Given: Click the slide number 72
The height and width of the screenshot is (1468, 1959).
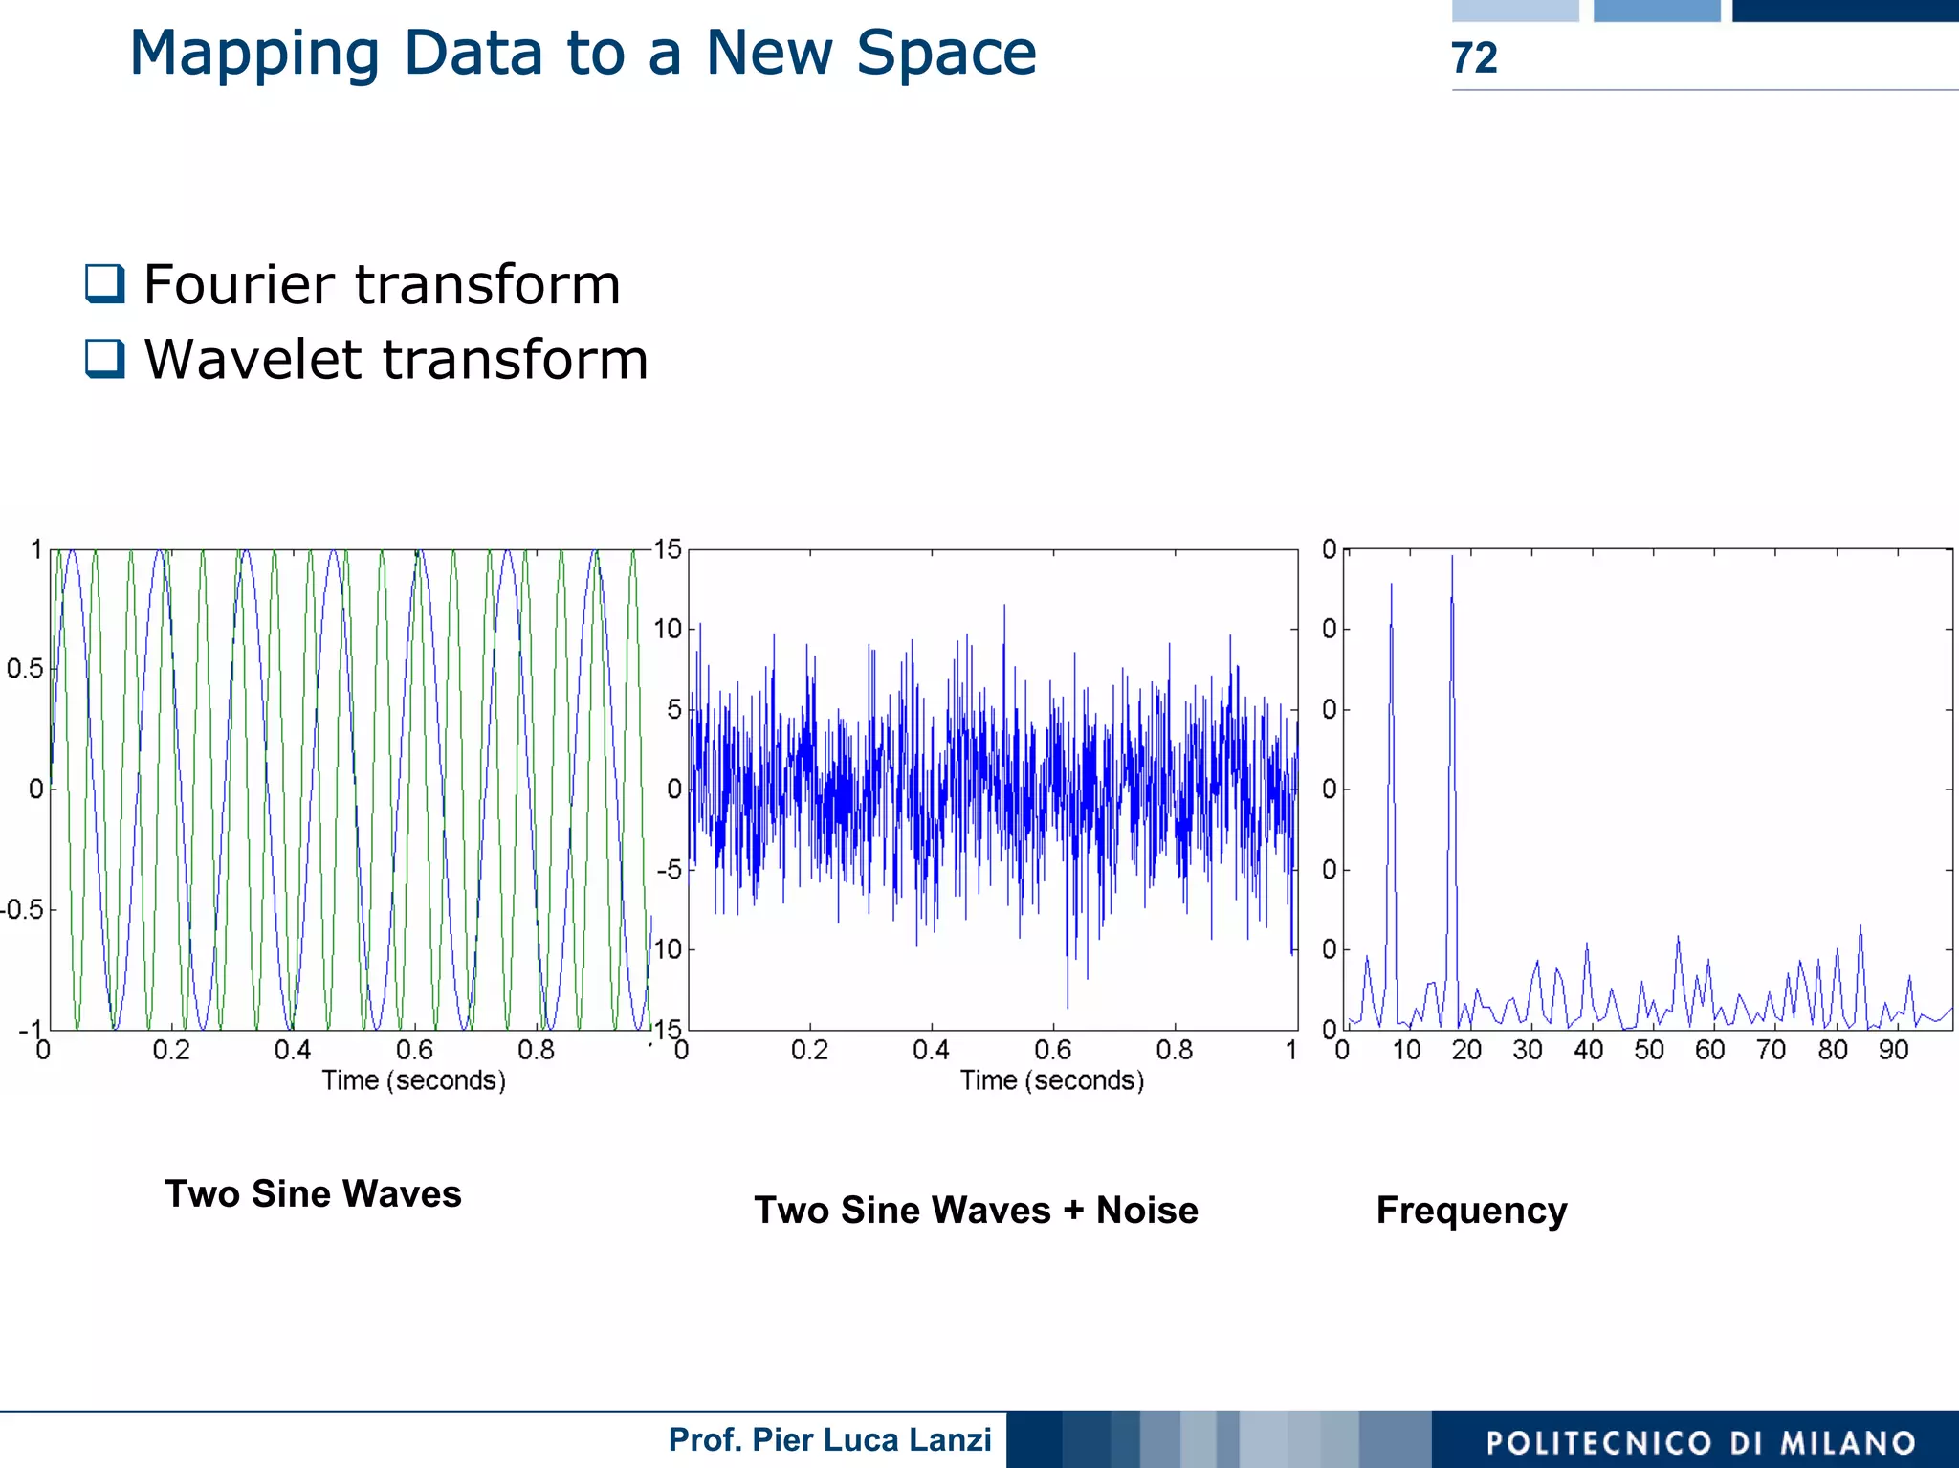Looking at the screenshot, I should [x=1474, y=58].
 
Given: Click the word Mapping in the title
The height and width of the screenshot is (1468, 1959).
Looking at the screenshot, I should [x=253, y=54].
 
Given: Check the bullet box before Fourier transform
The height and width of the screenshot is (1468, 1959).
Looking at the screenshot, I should [x=104, y=283].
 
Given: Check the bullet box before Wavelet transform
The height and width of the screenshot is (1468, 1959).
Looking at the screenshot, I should [x=104, y=359].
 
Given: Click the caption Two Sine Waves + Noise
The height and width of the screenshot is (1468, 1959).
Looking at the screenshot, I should [x=976, y=1210].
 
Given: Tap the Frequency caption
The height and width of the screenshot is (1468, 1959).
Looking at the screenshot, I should [x=1471, y=1211].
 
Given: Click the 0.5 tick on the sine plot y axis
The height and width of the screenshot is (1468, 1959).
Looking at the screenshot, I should [x=25, y=668].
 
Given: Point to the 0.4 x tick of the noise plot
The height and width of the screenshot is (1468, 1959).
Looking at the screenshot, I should [x=931, y=1051].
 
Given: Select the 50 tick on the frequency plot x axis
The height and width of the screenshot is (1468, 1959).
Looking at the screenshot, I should [x=1649, y=1051].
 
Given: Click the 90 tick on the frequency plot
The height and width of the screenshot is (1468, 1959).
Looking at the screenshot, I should [x=1893, y=1051].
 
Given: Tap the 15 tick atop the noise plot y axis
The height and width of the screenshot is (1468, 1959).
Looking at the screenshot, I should [x=668, y=549].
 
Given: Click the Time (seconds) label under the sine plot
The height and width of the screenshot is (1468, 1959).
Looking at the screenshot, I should [x=413, y=1080].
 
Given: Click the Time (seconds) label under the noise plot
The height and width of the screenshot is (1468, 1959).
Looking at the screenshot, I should [x=1052, y=1080].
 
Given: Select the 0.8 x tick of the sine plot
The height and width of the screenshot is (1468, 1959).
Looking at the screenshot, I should [x=536, y=1051].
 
